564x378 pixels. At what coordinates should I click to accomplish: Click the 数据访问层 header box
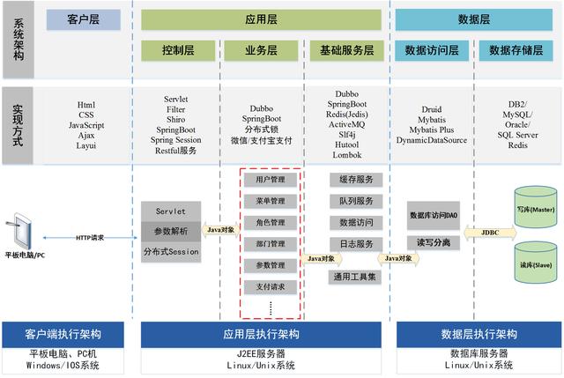pos(432,50)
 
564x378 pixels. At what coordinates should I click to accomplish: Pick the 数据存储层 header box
pos(516,50)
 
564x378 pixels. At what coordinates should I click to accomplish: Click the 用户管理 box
pos(271,180)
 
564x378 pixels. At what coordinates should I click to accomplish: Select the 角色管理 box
pos(271,223)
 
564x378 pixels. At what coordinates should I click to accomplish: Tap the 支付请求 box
pos(271,286)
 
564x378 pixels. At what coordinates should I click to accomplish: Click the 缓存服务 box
pos(357,180)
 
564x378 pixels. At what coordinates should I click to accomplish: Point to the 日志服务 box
pos(357,244)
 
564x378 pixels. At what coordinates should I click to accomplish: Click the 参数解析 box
pos(171,231)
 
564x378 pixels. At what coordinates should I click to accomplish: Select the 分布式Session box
pos(171,252)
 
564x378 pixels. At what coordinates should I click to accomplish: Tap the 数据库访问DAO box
pos(434,214)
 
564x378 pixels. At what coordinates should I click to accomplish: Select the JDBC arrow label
pos(490,233)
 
